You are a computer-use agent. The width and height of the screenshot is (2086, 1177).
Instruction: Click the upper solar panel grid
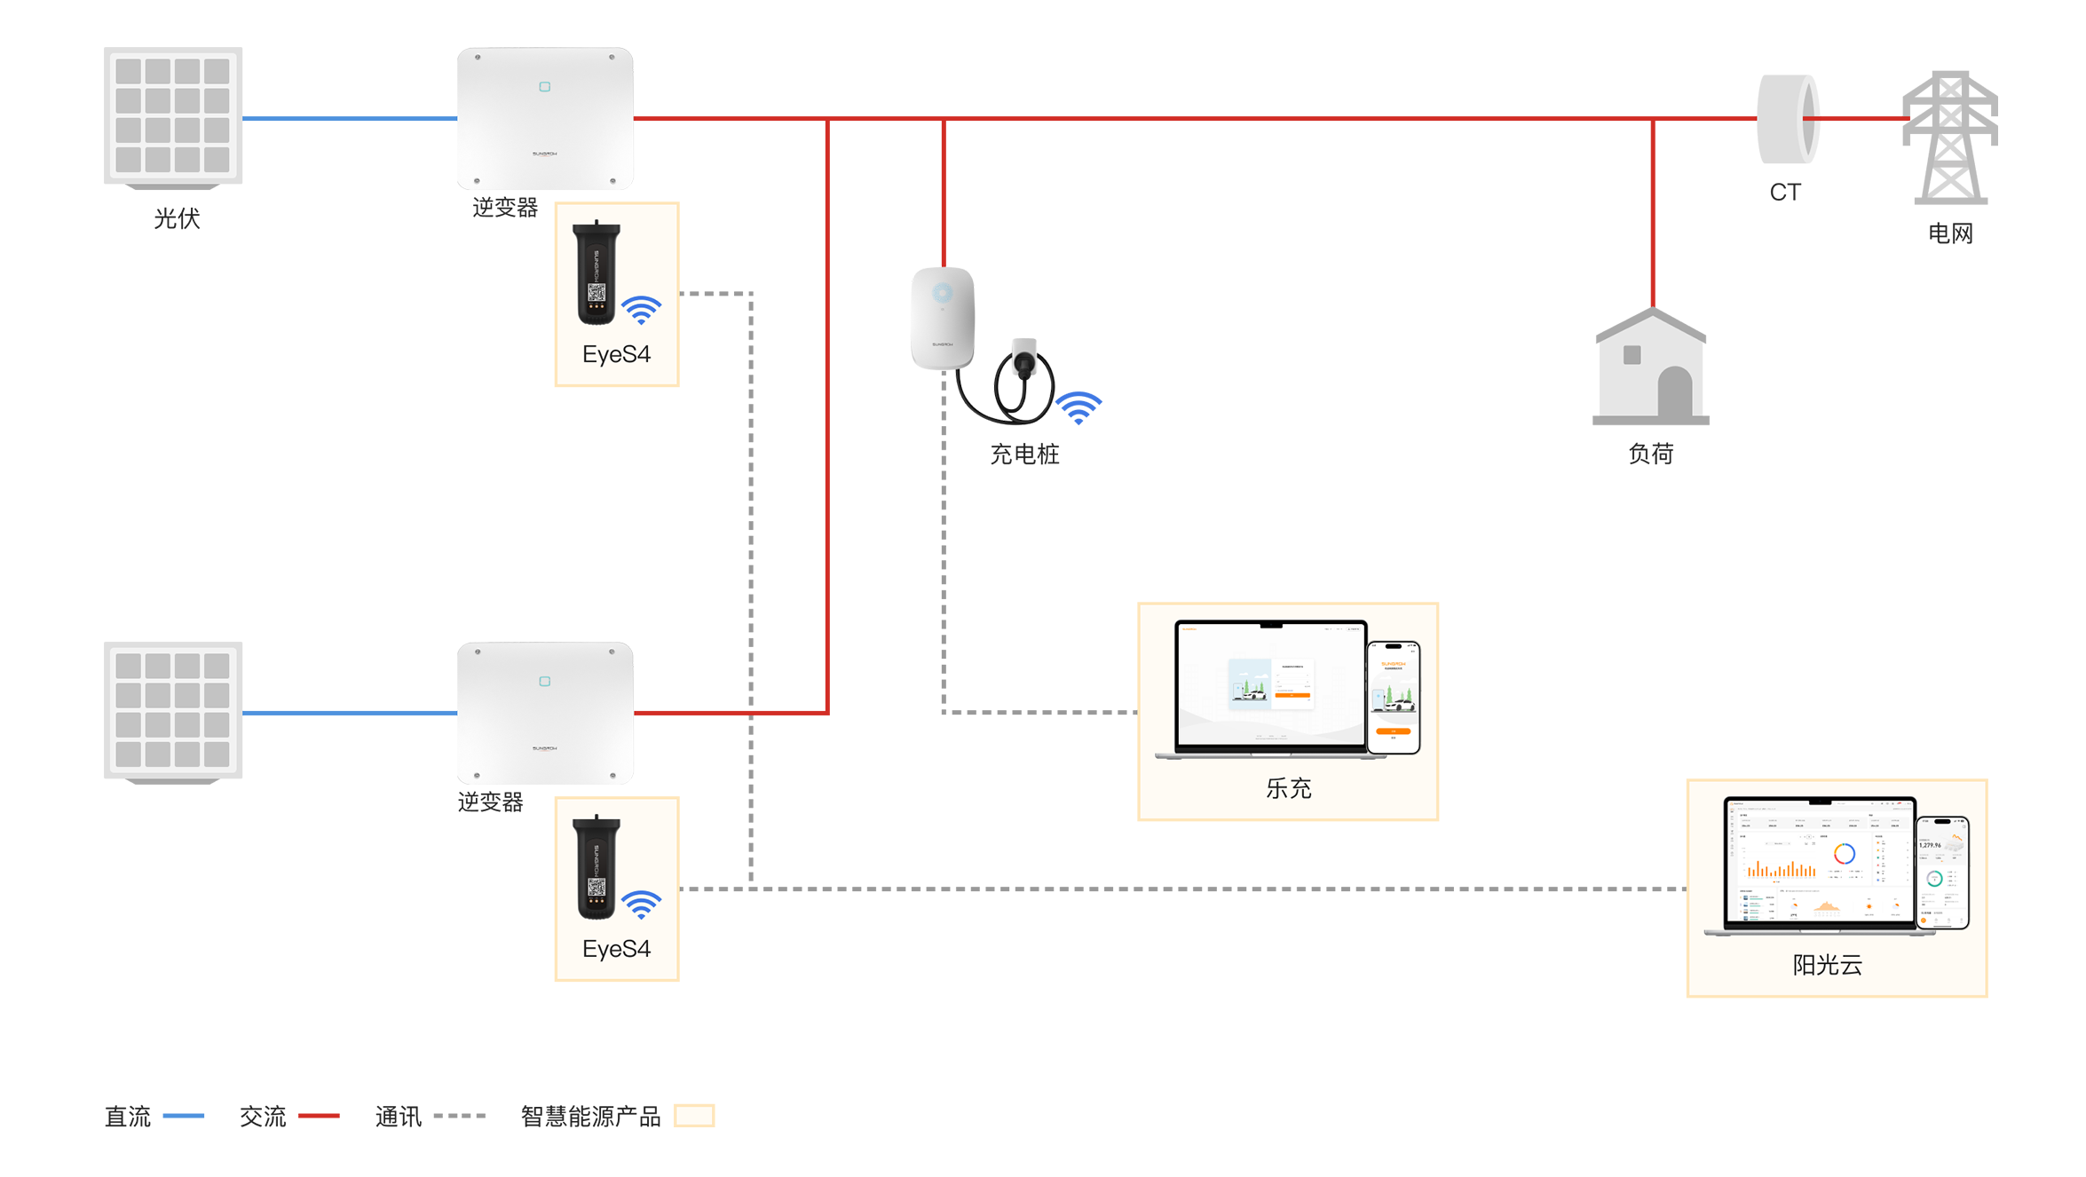[x=172, y=115]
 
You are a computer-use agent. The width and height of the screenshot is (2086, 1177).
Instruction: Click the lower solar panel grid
[x=172, y=710]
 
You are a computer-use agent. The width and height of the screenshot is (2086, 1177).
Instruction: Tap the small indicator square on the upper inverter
[x=544, y=87]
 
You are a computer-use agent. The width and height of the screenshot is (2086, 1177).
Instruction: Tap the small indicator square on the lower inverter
[x=544, y=682]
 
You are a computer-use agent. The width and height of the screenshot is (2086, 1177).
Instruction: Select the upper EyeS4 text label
[x=616, y=355]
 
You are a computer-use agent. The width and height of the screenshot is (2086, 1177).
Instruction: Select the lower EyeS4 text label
[x=616, y=950]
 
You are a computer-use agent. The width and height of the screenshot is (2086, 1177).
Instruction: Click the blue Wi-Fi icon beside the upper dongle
[x=641, y=310]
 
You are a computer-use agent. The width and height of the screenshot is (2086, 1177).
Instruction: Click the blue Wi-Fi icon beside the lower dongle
[x=641, y=904]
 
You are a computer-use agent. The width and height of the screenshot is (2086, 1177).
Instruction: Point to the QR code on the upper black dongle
[x=597, y=292]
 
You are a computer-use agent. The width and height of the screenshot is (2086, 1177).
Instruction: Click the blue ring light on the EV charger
[x=943, y=292]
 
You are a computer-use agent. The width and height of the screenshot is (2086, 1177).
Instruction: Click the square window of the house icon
[x=1632, y=355]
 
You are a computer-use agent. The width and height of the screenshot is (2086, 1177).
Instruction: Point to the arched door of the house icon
[x=1674, y=391]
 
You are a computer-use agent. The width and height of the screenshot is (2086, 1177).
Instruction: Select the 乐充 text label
[x=1288, y=788]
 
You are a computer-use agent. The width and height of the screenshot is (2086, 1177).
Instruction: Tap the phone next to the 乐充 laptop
[x=1394, y=698]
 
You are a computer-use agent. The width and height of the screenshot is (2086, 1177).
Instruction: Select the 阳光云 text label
[x=1827, y=966]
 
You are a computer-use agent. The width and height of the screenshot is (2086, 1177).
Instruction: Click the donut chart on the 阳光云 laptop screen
[x=1845, y=854]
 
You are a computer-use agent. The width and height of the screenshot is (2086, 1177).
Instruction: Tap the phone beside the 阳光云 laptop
[x=1944, y=873]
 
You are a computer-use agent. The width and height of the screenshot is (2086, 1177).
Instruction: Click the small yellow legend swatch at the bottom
[x=694, y=1115]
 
